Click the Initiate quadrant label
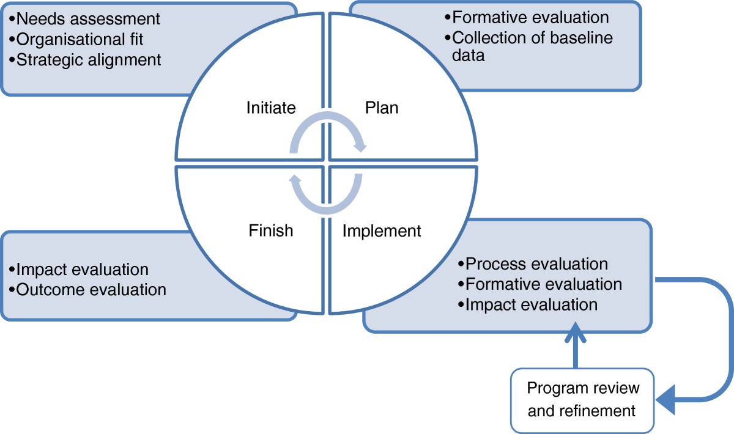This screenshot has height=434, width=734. pyautogui.click(x=271, y=108)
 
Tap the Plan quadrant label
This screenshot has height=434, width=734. pyautogui.click(x=382, y=108)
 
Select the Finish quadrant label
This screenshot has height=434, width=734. pyautogui.click(x=271, y=230)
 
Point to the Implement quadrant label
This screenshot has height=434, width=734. pyautogui.click(x=382, y=230)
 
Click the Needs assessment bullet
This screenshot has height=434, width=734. pyautogui.click(x=86, y=19)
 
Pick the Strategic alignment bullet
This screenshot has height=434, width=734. pyautogui.click(x=86, y=59)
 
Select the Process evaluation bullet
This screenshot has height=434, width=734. pyautogui.click(x=533, y=264)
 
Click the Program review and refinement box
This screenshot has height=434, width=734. pyautogui.click(x=582, y=399)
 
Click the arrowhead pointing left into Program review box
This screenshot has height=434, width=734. pyautogui.click(x=665, y=400)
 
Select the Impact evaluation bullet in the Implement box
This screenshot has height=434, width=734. pyautogui.click(x=528, y=304)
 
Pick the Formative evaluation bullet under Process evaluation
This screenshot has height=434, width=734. pyautogui.click(x=540, y=284)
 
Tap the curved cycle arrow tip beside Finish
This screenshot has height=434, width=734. pyautogui.click(x=295, y=180)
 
